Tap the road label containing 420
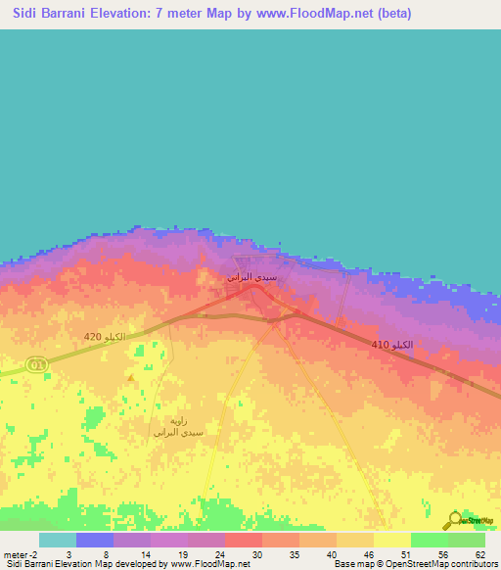pos(105,337)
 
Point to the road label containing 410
pos(391,346)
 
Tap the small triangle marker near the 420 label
pos(129,377)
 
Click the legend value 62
pos(478,554)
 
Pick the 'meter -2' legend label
pos(20,554)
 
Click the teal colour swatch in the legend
pos(57,540)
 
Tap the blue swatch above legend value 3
pos(94,540)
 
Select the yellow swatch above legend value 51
pos(391,540)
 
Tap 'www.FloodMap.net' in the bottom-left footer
pos(209,565)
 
